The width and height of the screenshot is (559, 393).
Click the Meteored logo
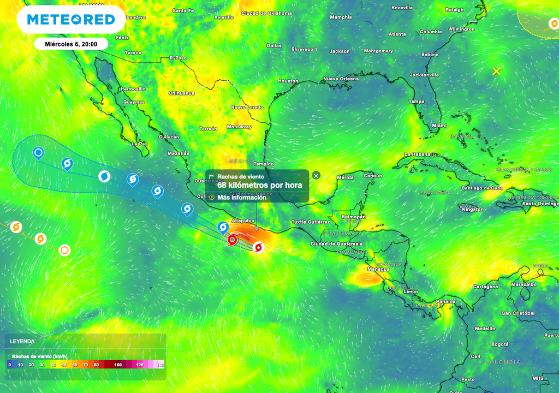click(x=71, y=20)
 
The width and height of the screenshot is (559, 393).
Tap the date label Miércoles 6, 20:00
click(x=71, y=44)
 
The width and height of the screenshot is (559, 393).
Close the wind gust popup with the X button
click(x=316, y=175)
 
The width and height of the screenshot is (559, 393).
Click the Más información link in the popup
click(x=242, y=197)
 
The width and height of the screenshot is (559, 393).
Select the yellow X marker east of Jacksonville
click(x=496, y=71)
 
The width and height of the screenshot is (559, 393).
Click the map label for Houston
click(x=288, y=81)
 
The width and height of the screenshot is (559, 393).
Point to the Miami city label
click(x=439, y=125)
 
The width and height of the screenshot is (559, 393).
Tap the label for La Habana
click(x=418, y=154)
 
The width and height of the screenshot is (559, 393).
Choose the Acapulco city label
click(x=244, y=221)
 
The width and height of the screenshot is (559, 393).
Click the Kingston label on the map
click(x=472, y=209)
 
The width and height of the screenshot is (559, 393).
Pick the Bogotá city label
click(x=500, y=344)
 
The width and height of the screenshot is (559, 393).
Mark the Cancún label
click(x=373, y=176)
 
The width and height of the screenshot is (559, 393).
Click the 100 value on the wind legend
click(x=118, y=364)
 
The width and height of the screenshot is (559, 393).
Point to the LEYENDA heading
click(x=22, y=341)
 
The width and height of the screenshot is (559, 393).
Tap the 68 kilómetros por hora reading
click(x=259, y=185)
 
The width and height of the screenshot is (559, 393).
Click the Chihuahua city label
click(x=181, y=93)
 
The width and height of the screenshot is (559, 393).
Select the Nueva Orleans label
click(x=341, y=79)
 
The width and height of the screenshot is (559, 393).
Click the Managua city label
click(x=378, y=269)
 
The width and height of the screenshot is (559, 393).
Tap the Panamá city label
click(x=445, y=301)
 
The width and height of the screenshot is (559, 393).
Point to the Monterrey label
click(x=239, y=127)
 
